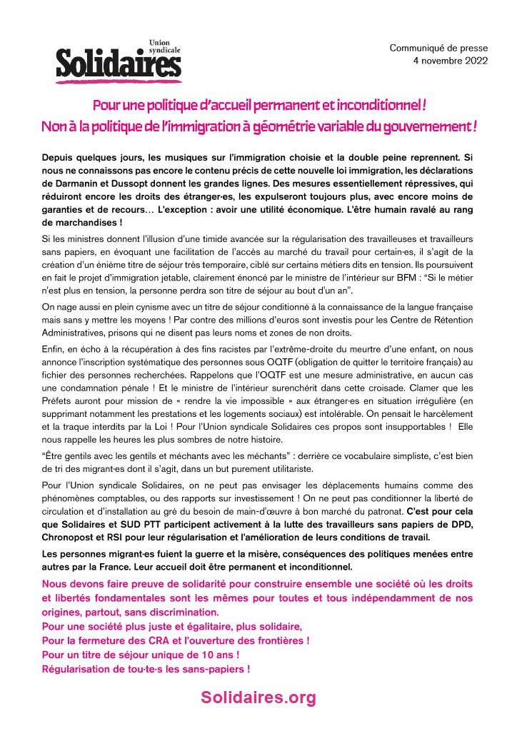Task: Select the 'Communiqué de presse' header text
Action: [x=438, y=48]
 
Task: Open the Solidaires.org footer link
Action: [x=258, y=698]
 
